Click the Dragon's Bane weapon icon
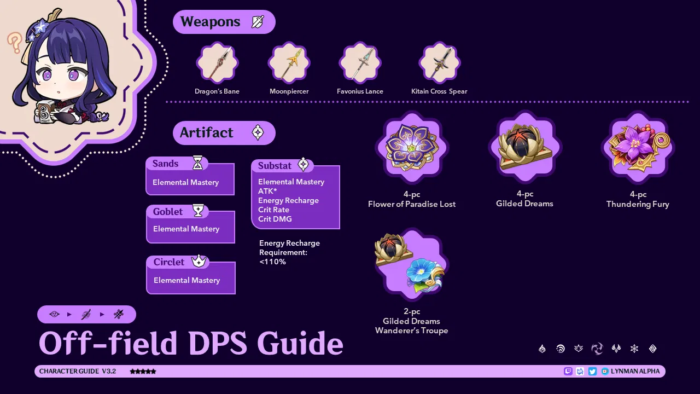(217, 63)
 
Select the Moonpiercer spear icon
(289, 63)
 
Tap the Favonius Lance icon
(360, 63)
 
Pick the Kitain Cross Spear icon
(439, 63)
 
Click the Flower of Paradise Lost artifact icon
(412, 146)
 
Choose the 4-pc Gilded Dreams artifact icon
(525, 146)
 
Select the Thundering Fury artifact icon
(638, 146)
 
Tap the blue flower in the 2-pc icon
(424, 274)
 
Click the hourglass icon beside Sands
(198, 163)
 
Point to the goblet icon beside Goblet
(199, 211)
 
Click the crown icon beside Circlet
(199, 262)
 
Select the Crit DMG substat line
(275, 219)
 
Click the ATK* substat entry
(267, 191)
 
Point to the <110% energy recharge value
(272, 262)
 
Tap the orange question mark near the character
(14, 42)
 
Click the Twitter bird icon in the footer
(592, 371)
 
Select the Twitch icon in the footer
(568, 371)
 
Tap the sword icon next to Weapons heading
(258, 22)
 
